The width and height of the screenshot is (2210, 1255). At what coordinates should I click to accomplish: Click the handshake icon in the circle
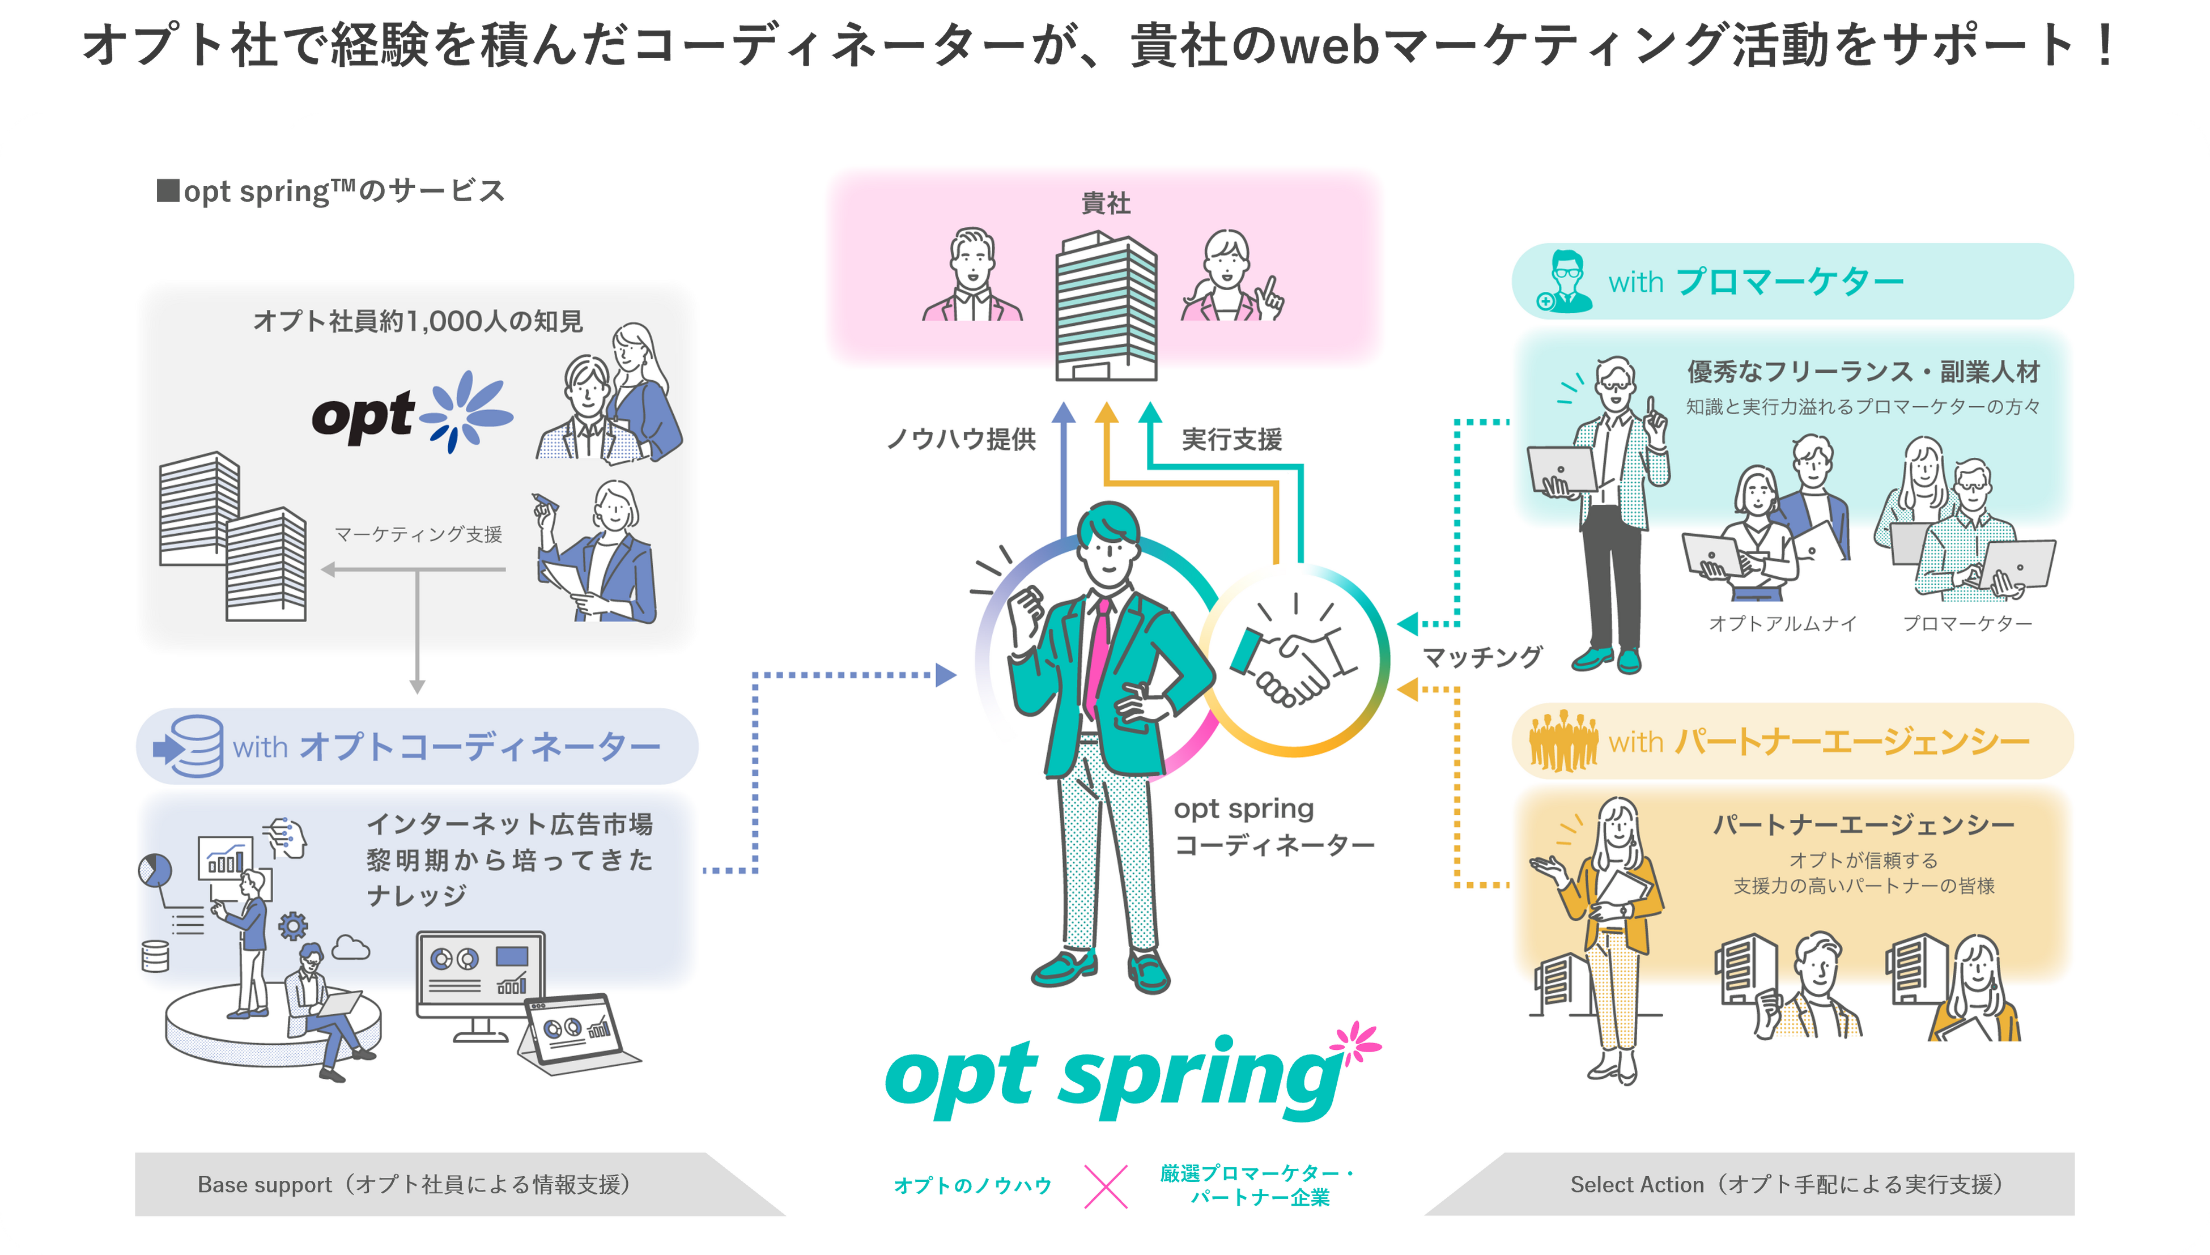coord(1293,660)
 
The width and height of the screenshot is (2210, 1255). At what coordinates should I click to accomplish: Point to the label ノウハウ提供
coord(961,440)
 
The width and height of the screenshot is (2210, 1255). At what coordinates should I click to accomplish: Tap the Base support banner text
coord(414,1184)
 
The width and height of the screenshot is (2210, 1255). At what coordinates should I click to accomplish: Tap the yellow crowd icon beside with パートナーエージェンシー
coord(1563,741)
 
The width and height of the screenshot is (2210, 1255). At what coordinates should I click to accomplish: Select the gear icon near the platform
coord(293,926)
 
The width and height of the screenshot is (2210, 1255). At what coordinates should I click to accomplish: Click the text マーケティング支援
coord(418,534)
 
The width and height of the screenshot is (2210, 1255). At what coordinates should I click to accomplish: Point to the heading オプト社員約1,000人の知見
coord(418,321)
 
